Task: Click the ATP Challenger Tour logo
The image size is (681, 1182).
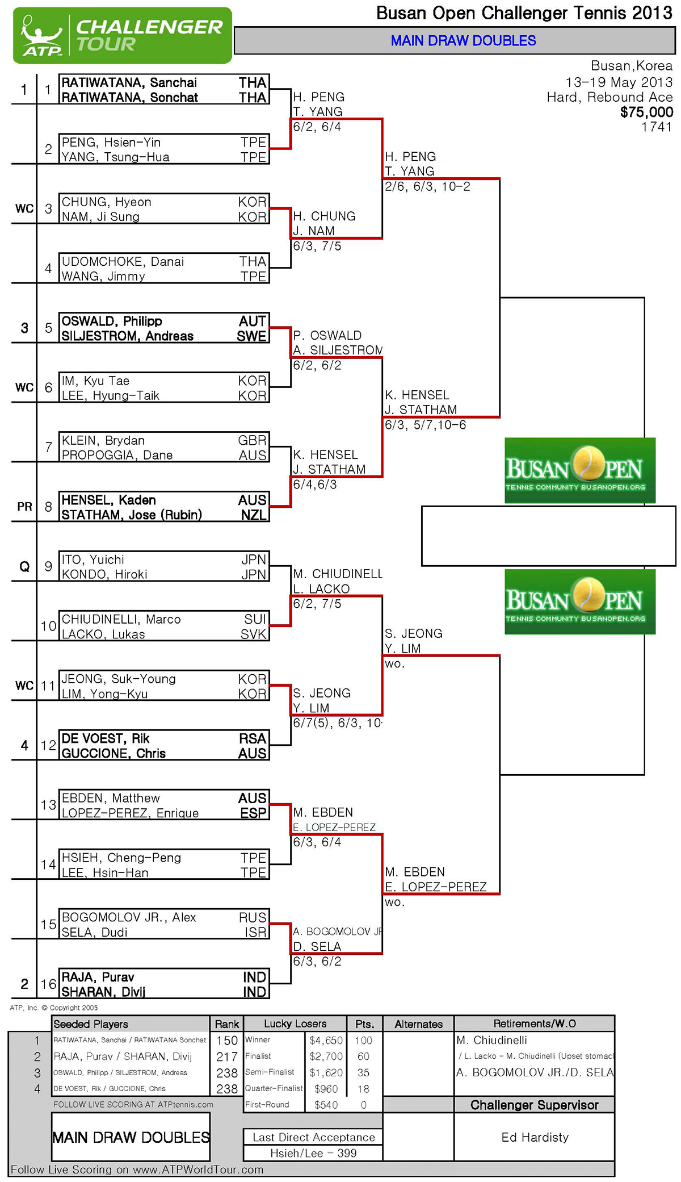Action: [x=123, y=35]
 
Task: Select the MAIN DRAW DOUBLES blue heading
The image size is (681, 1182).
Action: [x=463, y=41]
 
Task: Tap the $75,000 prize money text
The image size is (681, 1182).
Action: [x=646, y=112]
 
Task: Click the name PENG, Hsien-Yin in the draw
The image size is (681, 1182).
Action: [x=111, y=142]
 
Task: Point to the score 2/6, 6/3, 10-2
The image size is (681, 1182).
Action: [x=427, y=186]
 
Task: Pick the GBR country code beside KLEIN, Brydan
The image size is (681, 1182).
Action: [x=252, y=440]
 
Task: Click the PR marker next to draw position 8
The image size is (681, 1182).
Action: [x=24, y=507]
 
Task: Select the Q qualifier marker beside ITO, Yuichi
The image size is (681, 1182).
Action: [x=24, y=566]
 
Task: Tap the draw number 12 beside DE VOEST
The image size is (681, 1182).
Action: [x=48, y=745]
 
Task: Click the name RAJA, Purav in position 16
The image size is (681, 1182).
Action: [x=98, y=977]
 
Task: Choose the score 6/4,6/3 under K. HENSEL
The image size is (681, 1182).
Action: [x=314, y=485]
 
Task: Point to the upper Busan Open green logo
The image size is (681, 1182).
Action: [x=580, y=470]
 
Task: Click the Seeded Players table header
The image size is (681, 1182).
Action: [x=91, y=1024]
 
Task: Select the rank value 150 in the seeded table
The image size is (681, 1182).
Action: [x=227, y=1041]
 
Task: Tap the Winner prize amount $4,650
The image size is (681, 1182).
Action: [x=326, y=1041]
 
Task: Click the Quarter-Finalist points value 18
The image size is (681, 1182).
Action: [x=364, y=1089]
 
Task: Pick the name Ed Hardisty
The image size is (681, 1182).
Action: [x=535, y=1137]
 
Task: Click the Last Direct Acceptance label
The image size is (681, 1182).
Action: [x=314, y=1137]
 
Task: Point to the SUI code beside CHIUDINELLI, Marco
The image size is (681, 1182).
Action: [x=255, y=619]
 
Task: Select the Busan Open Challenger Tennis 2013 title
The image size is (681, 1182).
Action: [x=524, y=13]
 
